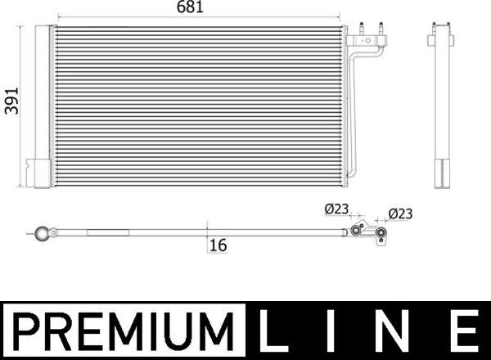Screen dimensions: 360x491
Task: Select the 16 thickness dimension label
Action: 217,245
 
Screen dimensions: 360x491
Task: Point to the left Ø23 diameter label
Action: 336,209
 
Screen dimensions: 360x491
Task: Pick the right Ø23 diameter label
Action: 400,214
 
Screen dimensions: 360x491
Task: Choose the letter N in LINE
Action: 397,331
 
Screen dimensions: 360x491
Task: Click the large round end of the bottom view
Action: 43,233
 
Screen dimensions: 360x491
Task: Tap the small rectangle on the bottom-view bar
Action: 101,232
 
